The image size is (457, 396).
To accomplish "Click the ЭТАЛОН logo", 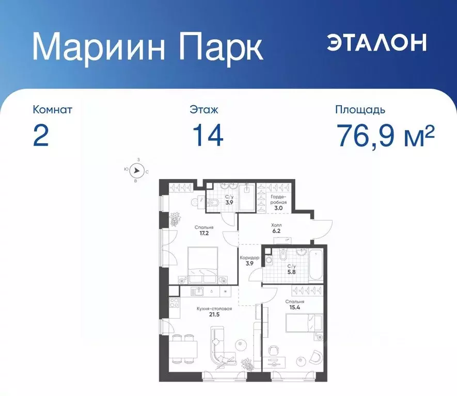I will click(376, 42).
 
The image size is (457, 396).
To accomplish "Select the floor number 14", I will click(208, 135).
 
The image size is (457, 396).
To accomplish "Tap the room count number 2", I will click(41, 135).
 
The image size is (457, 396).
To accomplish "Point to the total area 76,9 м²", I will click(385, 135).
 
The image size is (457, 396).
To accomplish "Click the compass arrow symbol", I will click(136, 171).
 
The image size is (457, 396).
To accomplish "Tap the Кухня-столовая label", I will click(214, 309).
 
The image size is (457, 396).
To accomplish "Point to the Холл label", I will click(276, 225).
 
